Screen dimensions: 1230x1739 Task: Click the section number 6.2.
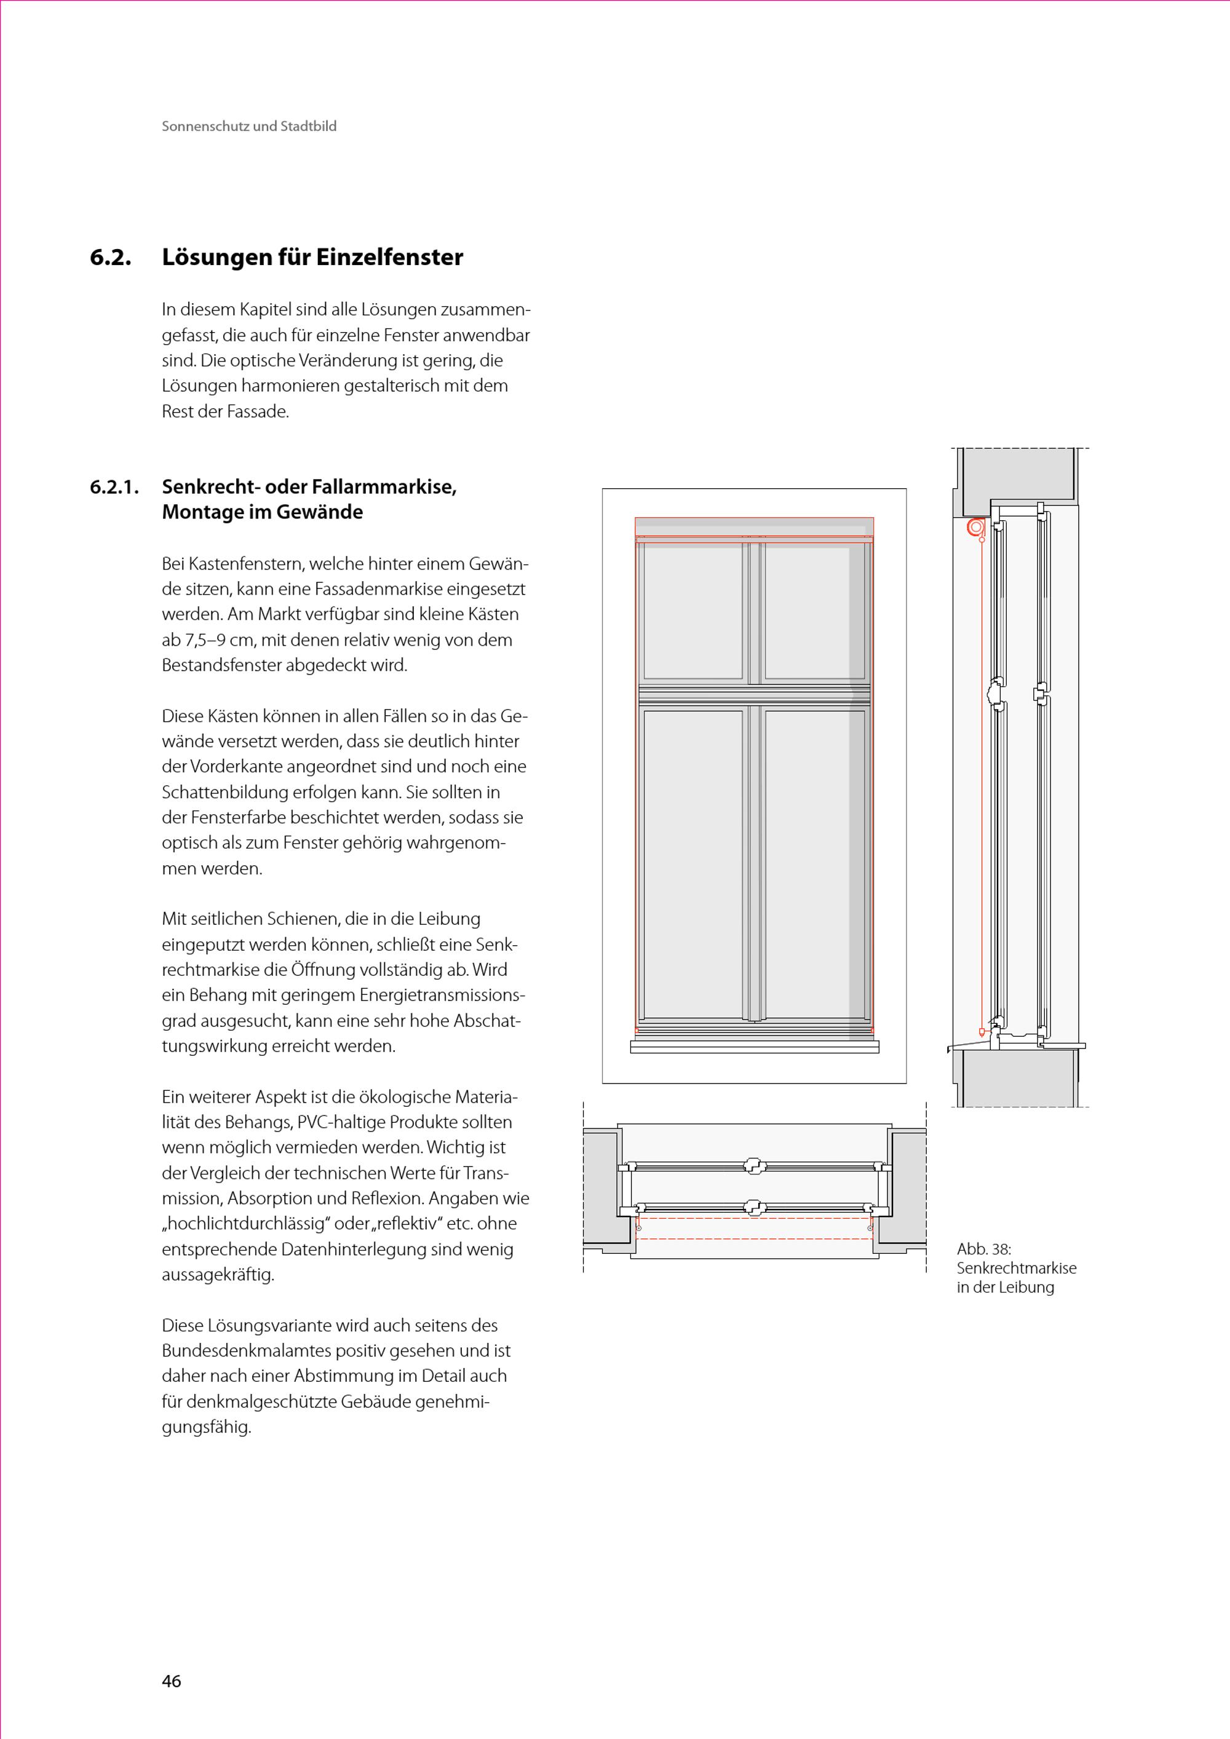point(111,258)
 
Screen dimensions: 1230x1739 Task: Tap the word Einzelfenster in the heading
point(389,258)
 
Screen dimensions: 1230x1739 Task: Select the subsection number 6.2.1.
point(114,487)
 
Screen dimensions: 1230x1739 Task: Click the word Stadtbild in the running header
point(308,127)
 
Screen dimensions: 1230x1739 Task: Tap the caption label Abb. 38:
point(984,1249)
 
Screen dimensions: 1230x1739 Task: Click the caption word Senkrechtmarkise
point(1017,1268)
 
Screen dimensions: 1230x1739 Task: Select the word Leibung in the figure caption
point(1028,1288)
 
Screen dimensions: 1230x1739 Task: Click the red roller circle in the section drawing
point(976,527)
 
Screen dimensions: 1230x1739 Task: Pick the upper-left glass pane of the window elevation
point(693,612)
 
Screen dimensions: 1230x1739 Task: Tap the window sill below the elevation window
point(755,1046)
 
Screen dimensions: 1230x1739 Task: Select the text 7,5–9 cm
point(208,641)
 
